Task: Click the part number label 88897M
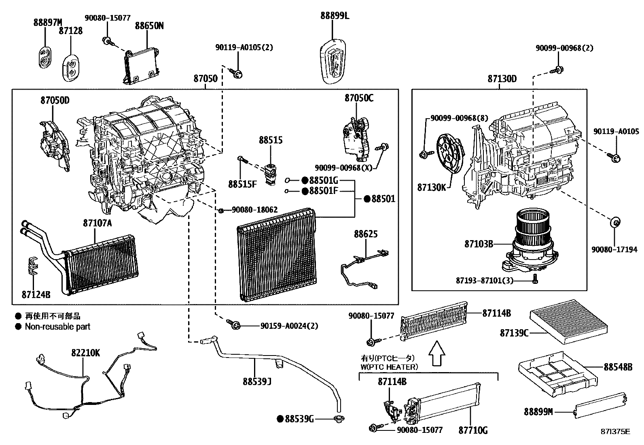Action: click(x=48, y=22)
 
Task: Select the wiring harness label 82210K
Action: click(x=85, y=353)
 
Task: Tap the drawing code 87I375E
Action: click(x=615, y=432)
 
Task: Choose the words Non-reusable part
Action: click(x=57, y=326)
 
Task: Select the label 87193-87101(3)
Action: click(x=485, y=280)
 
